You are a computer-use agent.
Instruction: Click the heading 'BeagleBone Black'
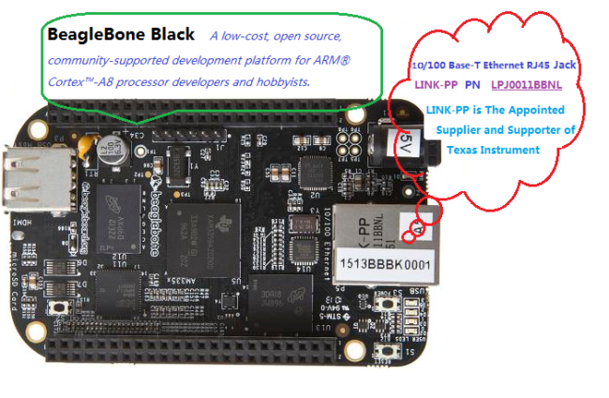click(119, 35)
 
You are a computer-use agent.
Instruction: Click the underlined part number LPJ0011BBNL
click(530, 84)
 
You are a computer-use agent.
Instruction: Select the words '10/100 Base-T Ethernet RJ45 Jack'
click(492, 64)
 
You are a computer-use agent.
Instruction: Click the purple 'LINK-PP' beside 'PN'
click(435, 84)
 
